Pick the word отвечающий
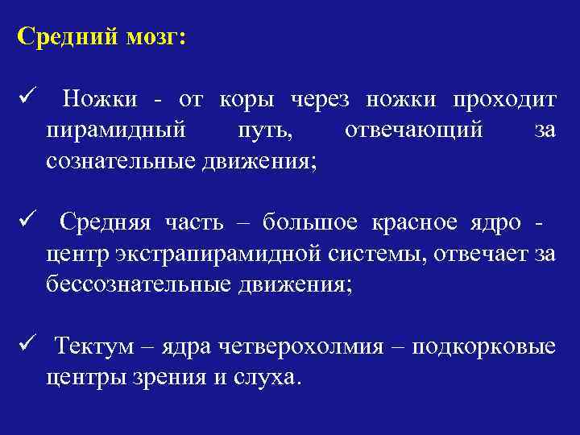414,130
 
